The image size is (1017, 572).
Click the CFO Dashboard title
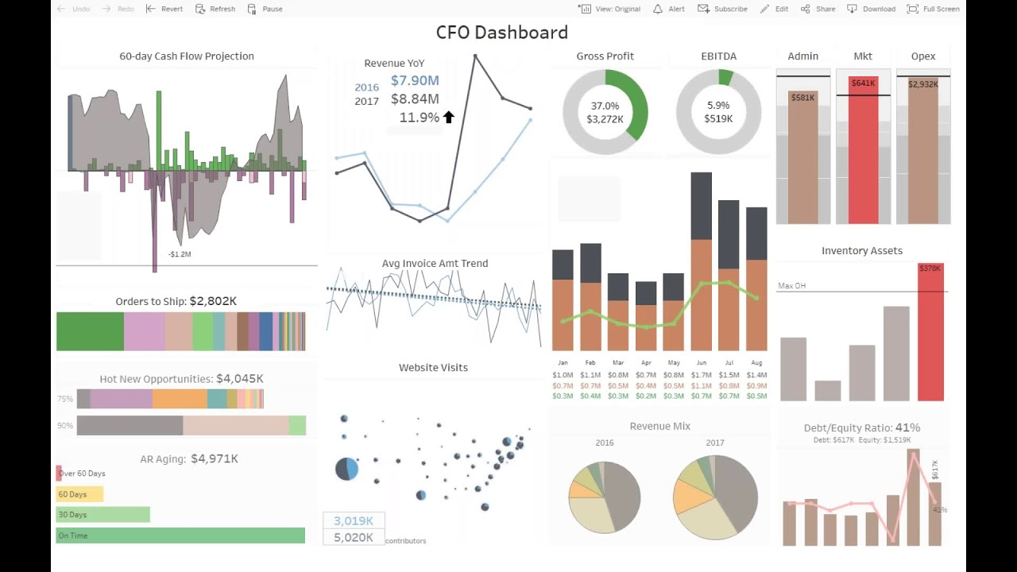501,33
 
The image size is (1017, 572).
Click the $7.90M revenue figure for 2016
415,80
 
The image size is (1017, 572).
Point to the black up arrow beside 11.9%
448,118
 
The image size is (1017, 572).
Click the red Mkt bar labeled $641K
863,151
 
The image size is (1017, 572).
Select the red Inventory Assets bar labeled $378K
930,334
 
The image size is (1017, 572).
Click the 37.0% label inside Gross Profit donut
605,106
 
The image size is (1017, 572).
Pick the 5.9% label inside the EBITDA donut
718,106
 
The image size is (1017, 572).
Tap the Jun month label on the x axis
701,363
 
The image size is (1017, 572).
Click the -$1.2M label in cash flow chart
180,254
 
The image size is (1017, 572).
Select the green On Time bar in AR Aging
180,535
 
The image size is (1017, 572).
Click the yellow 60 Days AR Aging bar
79,494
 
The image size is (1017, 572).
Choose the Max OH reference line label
791,286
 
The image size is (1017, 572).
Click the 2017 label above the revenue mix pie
714,443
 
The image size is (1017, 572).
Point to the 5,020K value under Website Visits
354,538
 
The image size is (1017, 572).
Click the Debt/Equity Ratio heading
862,427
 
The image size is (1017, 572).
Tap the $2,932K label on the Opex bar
923,84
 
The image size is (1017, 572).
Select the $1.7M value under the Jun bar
701,375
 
